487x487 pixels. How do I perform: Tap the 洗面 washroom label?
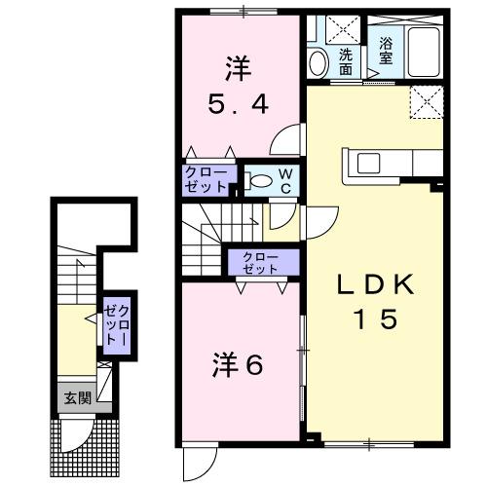click(x=347, y=61)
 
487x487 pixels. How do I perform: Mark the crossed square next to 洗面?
click(x=344, y=29)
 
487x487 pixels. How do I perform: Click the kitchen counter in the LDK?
click(x=382, y=163)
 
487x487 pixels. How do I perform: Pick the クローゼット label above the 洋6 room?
click(x=256, y=262)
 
